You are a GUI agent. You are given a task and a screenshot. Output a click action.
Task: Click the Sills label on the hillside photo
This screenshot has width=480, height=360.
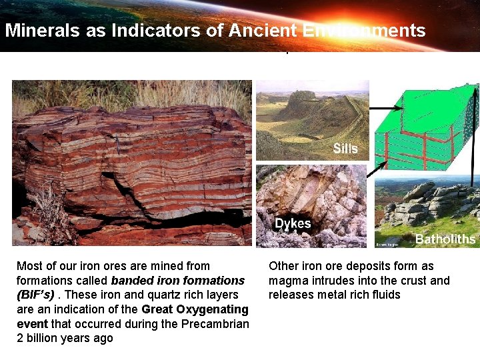345,148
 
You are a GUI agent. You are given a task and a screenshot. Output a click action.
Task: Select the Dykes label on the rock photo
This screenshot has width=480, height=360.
293,223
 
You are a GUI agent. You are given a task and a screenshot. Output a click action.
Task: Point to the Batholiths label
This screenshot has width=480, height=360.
445,239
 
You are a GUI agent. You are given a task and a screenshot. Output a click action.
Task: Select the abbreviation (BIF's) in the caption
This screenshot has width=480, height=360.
35,295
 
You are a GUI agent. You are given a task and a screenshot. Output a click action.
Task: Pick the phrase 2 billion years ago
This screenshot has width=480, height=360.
65,339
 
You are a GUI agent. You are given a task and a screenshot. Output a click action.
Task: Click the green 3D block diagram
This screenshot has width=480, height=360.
427,127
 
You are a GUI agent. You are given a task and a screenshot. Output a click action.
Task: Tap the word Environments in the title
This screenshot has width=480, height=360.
363,30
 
